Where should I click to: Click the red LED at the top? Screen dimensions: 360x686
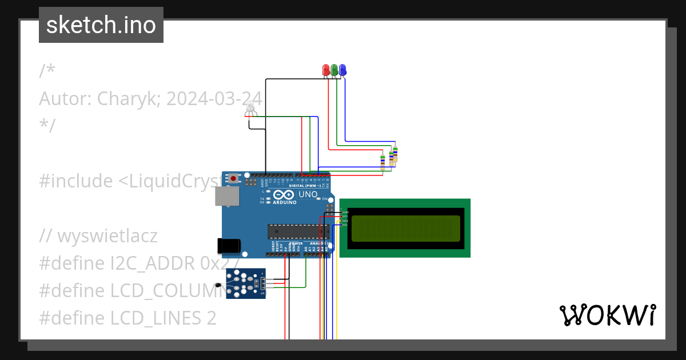tap(326, 70)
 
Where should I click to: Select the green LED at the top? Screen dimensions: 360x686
tap(334, 70)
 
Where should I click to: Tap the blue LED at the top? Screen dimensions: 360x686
tap(342, 70)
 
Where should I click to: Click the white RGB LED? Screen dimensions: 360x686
tap(250, 107)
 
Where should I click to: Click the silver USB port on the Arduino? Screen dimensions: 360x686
tap(226, 196)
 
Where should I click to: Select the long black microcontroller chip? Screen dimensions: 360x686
tap(298, 231)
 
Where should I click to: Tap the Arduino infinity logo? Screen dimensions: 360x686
tap(284, 195)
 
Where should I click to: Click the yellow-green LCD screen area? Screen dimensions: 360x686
tap(405, 229)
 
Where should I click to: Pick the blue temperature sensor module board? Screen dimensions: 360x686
tap(246, 283)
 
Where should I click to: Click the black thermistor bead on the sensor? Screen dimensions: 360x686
tap(218, 285)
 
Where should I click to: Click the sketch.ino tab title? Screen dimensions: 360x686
tap(101, 25)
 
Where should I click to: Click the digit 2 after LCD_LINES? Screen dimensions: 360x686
tap(211, 318)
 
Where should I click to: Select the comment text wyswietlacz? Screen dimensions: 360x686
tap(107, 235)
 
